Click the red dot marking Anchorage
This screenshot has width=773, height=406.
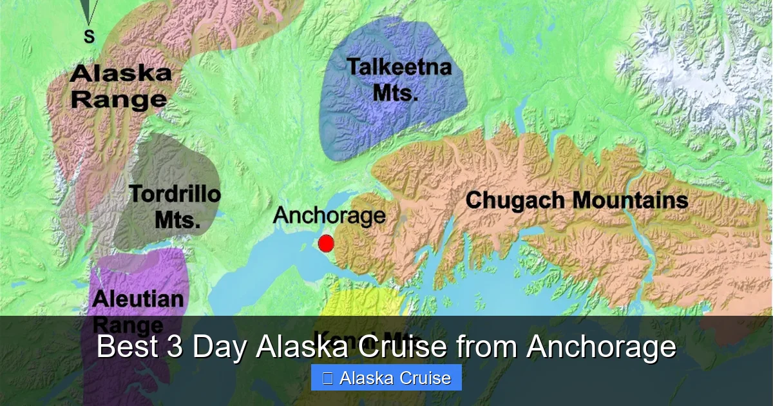(326, 244)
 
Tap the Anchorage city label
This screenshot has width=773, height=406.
(329, 216)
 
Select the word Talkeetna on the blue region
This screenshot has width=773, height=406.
(399, 68)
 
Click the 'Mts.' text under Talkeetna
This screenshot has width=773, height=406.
(396, 93)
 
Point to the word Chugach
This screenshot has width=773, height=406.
(515, 200)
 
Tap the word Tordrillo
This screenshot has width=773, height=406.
(175, 194)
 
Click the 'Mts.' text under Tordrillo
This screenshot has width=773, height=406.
(177, 220)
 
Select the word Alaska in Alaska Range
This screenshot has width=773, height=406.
(121, 73)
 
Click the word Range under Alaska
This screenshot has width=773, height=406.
(119, 100)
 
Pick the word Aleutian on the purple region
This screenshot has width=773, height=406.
(138, 299)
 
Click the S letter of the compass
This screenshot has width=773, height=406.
(89, 37)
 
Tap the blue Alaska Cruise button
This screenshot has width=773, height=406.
(386, 378)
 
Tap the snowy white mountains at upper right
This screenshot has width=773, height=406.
(696, 71)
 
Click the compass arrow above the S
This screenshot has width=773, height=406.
(90, 10)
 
